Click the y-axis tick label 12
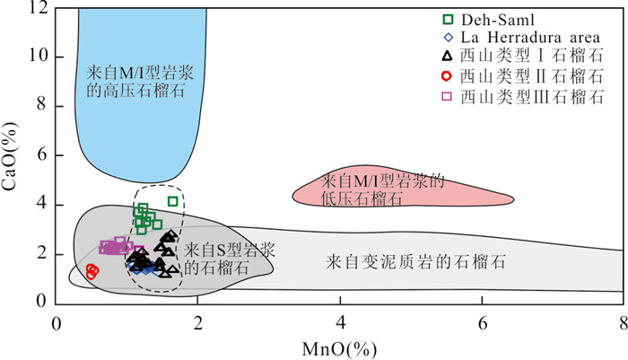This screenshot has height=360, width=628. [37, 8]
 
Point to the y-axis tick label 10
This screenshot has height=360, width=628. [37, 57]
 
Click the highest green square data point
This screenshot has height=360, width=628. [173, 201]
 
